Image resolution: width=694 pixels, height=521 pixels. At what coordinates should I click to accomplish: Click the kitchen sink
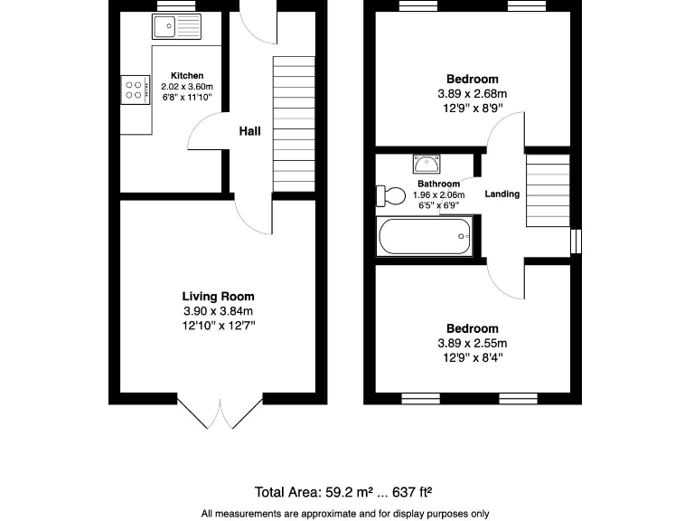177,27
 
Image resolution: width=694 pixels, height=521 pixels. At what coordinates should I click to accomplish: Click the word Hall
249,131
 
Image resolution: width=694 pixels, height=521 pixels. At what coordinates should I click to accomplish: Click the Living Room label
218,296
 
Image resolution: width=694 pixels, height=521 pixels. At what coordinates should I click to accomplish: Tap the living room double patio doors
220,412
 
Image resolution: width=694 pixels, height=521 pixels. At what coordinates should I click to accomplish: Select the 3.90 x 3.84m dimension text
218,311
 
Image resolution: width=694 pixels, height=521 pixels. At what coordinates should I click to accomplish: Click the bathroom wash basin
426,165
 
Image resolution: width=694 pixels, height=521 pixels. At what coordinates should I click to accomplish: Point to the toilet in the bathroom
391,196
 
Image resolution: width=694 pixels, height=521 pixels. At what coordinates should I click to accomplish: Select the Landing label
502,194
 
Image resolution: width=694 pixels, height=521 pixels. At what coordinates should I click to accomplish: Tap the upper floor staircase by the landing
548,191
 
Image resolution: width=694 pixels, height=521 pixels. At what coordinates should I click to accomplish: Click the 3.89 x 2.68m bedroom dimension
472,94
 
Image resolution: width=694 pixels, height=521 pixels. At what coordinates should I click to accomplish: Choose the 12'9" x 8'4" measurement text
472,357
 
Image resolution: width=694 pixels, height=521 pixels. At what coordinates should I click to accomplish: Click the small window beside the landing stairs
576,241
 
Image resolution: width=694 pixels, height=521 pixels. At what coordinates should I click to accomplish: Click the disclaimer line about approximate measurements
344,513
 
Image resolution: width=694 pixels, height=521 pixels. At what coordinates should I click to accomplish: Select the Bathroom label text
438,184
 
